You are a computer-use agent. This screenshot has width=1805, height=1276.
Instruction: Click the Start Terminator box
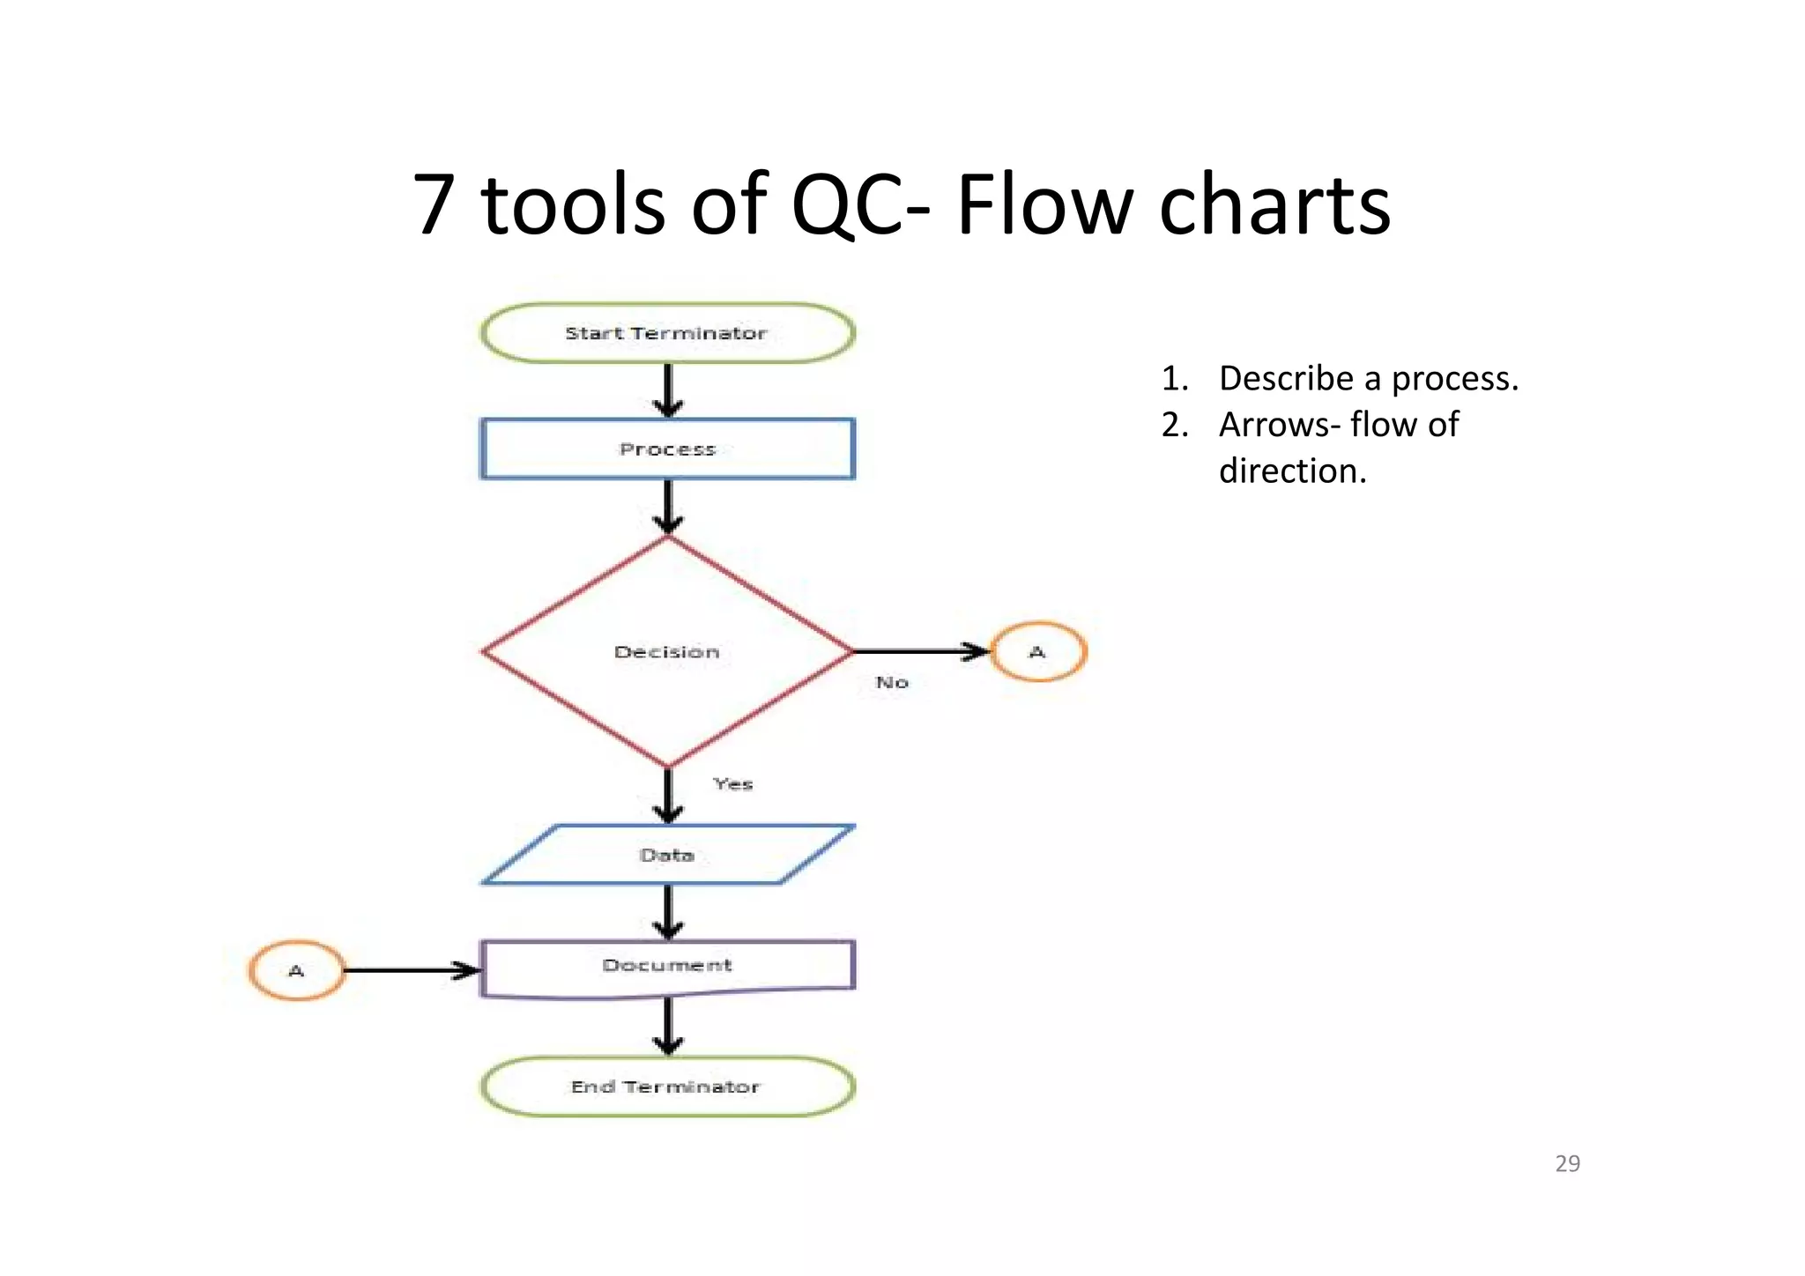[x=667, y=333]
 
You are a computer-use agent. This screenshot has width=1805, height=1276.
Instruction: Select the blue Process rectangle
[x=667, y=449]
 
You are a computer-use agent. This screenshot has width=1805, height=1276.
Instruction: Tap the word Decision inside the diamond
[x=667, y=652]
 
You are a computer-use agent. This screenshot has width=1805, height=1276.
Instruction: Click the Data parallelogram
[x=667, y=855]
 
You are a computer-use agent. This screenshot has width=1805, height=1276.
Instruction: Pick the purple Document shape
[x=667, y=967]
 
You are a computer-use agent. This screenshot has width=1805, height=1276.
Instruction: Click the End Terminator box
[x=667, y=1087]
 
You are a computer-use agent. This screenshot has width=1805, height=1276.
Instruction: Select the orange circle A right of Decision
[x=1038, y=652]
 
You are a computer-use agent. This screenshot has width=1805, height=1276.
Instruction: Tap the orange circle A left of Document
[x=296, y=970]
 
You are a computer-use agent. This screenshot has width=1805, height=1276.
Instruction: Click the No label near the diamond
[x=892, y=682]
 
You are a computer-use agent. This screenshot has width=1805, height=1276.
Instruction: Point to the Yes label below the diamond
[x=733, y=783]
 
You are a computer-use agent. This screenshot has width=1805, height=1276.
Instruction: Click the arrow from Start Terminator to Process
[x=668, y=389]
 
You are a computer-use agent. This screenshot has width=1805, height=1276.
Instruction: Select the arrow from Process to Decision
[x=668, y=507]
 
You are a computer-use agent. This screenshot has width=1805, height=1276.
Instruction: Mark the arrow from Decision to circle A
[x=921, y=651]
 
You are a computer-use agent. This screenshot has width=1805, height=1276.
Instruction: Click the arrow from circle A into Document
[x=410, y=970]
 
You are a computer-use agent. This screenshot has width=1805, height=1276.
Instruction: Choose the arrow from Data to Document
[x=668, y=911]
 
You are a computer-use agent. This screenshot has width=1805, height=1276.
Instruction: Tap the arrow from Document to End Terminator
[x=668, y=1027]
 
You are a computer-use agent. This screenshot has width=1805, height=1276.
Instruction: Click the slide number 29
[x=1567, y=1163]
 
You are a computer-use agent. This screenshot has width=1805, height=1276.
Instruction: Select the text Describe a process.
[x=1368, y=378]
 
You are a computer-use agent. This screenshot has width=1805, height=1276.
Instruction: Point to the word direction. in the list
[x=1292, y=471]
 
